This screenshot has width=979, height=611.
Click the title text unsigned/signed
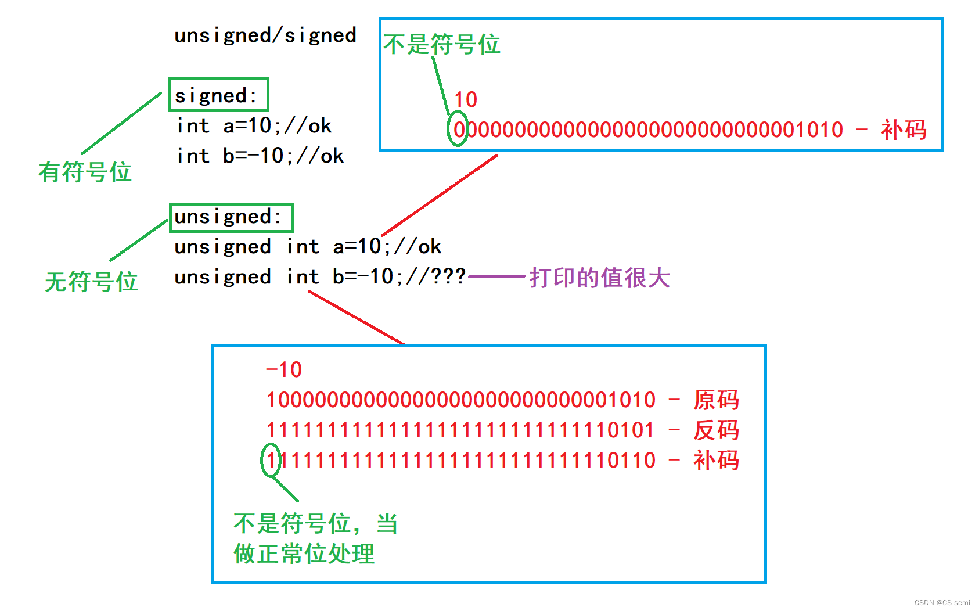265,35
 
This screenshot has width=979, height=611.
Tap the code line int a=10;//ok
254,126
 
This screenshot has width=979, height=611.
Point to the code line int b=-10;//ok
260,156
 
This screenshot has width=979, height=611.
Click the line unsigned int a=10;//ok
307,247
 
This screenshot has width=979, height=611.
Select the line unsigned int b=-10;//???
319,277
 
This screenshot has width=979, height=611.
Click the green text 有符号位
85,172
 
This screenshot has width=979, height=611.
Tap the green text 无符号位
91,282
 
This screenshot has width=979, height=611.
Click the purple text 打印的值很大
599,278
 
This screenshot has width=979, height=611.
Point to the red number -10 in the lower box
283,370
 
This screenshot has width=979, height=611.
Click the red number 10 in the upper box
465,100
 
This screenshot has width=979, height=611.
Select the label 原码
716,400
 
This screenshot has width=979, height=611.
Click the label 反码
716,430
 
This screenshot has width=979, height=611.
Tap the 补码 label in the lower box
716,461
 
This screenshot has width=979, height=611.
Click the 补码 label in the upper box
904,130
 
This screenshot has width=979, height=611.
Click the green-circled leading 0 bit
458,130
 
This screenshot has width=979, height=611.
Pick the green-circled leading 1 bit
271,460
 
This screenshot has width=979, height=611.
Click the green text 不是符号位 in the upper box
442,44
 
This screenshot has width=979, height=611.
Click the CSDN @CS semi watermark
942,603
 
